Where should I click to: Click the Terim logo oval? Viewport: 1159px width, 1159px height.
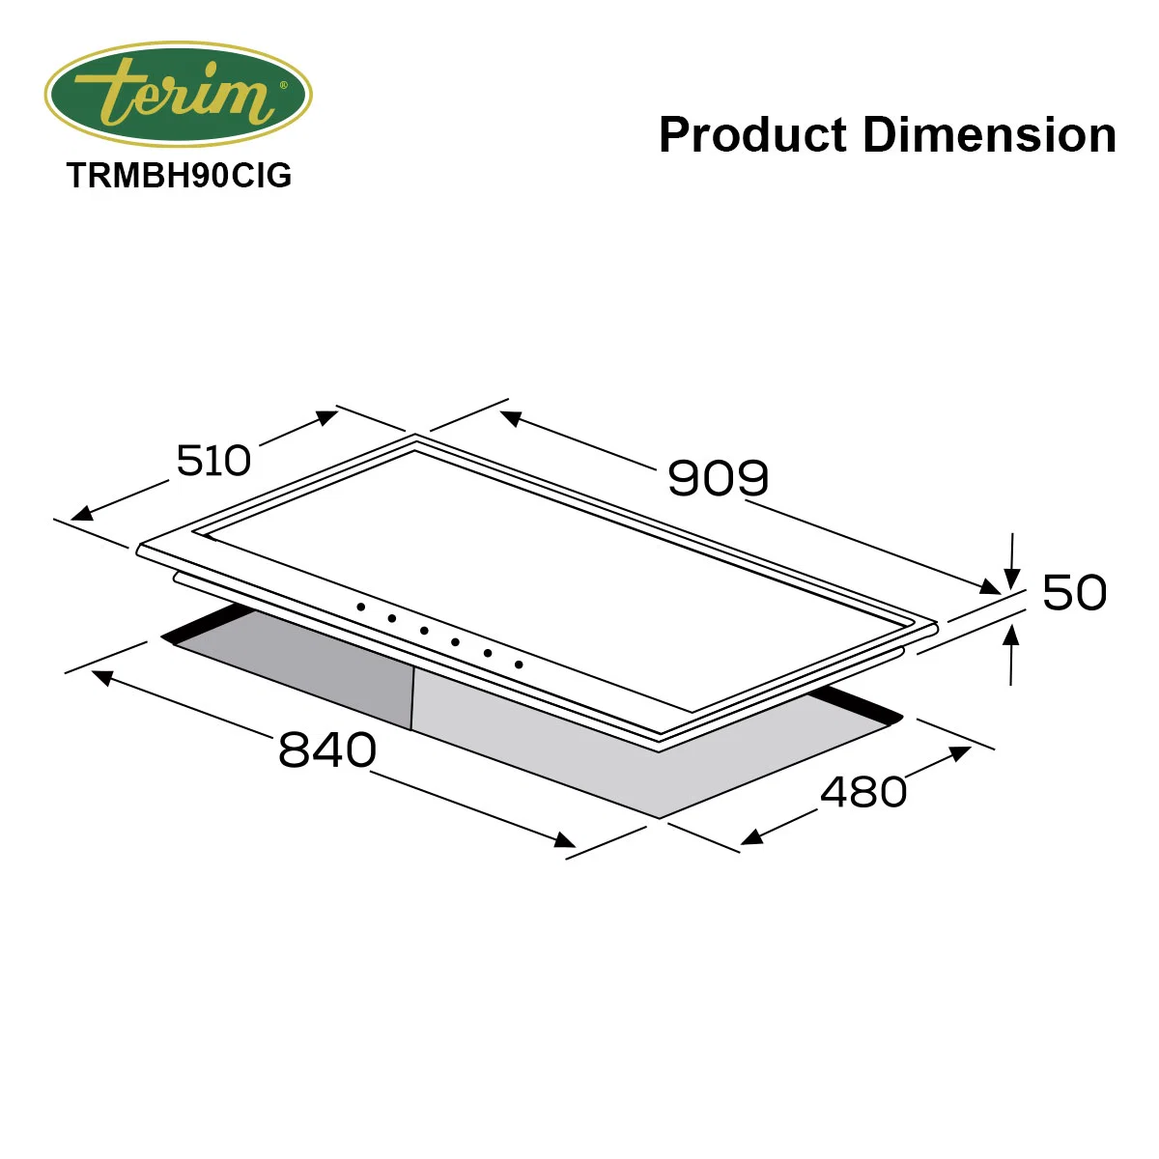178,94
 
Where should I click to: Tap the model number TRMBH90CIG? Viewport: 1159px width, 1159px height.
180,175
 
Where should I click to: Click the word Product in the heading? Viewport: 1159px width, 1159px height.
753,134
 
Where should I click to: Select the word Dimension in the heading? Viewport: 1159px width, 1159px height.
989,134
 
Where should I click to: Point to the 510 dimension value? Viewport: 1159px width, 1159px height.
212,461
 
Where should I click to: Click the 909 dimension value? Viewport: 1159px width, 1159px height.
719,478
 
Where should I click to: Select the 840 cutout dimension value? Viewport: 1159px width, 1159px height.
327,750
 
